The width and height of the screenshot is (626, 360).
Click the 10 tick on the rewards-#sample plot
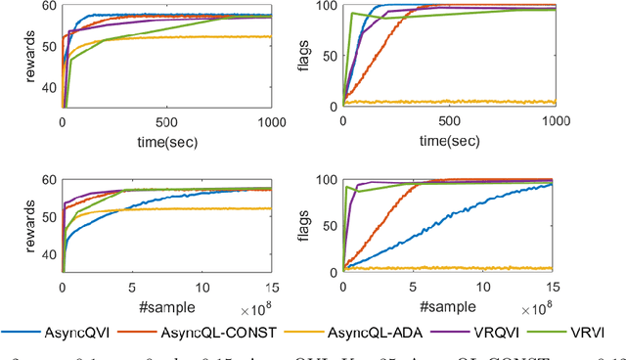201,289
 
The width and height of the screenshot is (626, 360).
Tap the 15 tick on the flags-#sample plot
555,289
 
